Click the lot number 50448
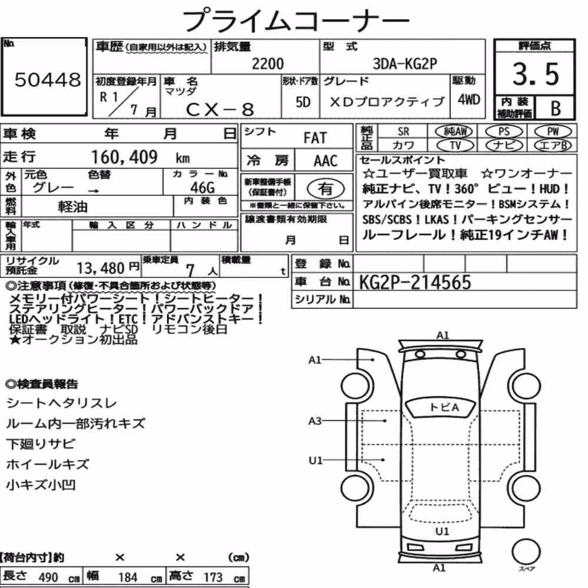tap(48, 79)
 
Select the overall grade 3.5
tap(536, 74)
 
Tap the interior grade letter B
tap(556, 108)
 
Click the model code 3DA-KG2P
tap(405, 64)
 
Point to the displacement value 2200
tap(268, 64)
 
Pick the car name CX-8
tap(220, 109)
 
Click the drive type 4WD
tap(469, 100)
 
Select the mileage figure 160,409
tap(124, 157)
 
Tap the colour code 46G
tap(202, 187)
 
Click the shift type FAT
tap(315, 138)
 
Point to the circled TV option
tap(455, 145)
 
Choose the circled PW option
tap(553, 131)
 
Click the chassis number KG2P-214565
tap(415, 282)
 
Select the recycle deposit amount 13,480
tap(101, 268)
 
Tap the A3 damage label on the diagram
tap(315, 421)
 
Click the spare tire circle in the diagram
tap(526, 552)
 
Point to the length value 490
tap(48, 577)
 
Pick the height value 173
tap(213, 577)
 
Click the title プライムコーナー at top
tap(296, 20)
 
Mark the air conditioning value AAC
tap(326, 161)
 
